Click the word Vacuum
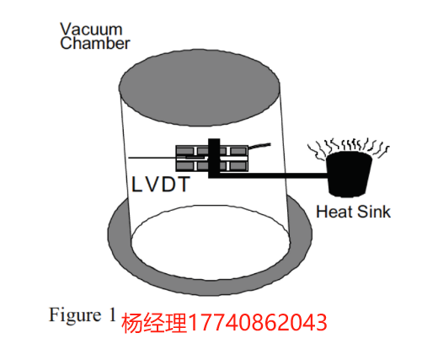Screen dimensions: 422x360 (x=91, y=30)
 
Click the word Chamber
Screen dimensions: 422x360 (x=95, y=43)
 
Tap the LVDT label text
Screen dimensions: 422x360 (x=161, y=185)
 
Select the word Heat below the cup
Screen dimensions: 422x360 (x=334, y=212)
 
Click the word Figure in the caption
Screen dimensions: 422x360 (x=75, y=315)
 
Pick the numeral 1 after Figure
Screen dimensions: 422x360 (x=112, y=314)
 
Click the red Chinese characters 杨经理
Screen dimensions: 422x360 (x=154, y=323)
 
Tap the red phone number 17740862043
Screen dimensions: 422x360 (x=258, y=323)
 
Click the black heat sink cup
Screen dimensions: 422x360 (x=350, y=175)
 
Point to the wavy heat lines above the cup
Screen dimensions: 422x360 (x=349, y=148)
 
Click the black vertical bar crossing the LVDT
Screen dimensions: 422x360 (x=214, y=158)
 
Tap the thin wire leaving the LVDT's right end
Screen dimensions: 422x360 (x=259, y=146)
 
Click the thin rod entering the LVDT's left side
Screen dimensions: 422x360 (x=158, y=158)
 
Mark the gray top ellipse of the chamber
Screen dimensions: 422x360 (x=199, y=88)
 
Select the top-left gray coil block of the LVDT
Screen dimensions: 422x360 (x=185, y=151)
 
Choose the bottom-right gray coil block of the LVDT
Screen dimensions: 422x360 (x=238, y=166)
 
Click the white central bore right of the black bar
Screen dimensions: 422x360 (x=233, y=159)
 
